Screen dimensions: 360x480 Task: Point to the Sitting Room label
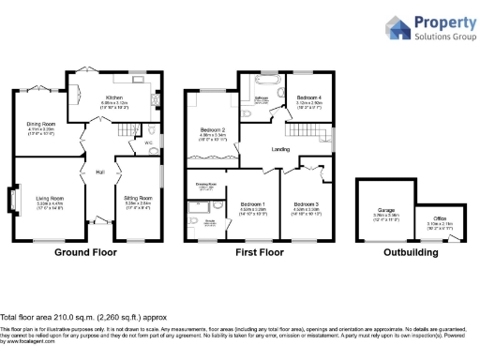point(140,198)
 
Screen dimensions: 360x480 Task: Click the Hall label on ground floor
point(98,172)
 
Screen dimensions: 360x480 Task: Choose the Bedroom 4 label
point(309,97)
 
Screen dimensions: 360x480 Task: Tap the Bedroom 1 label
point(252,203)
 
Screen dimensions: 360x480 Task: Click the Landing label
point(279,148)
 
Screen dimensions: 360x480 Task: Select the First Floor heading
point(260,253)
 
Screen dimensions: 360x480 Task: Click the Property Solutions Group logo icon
point(397,27)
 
